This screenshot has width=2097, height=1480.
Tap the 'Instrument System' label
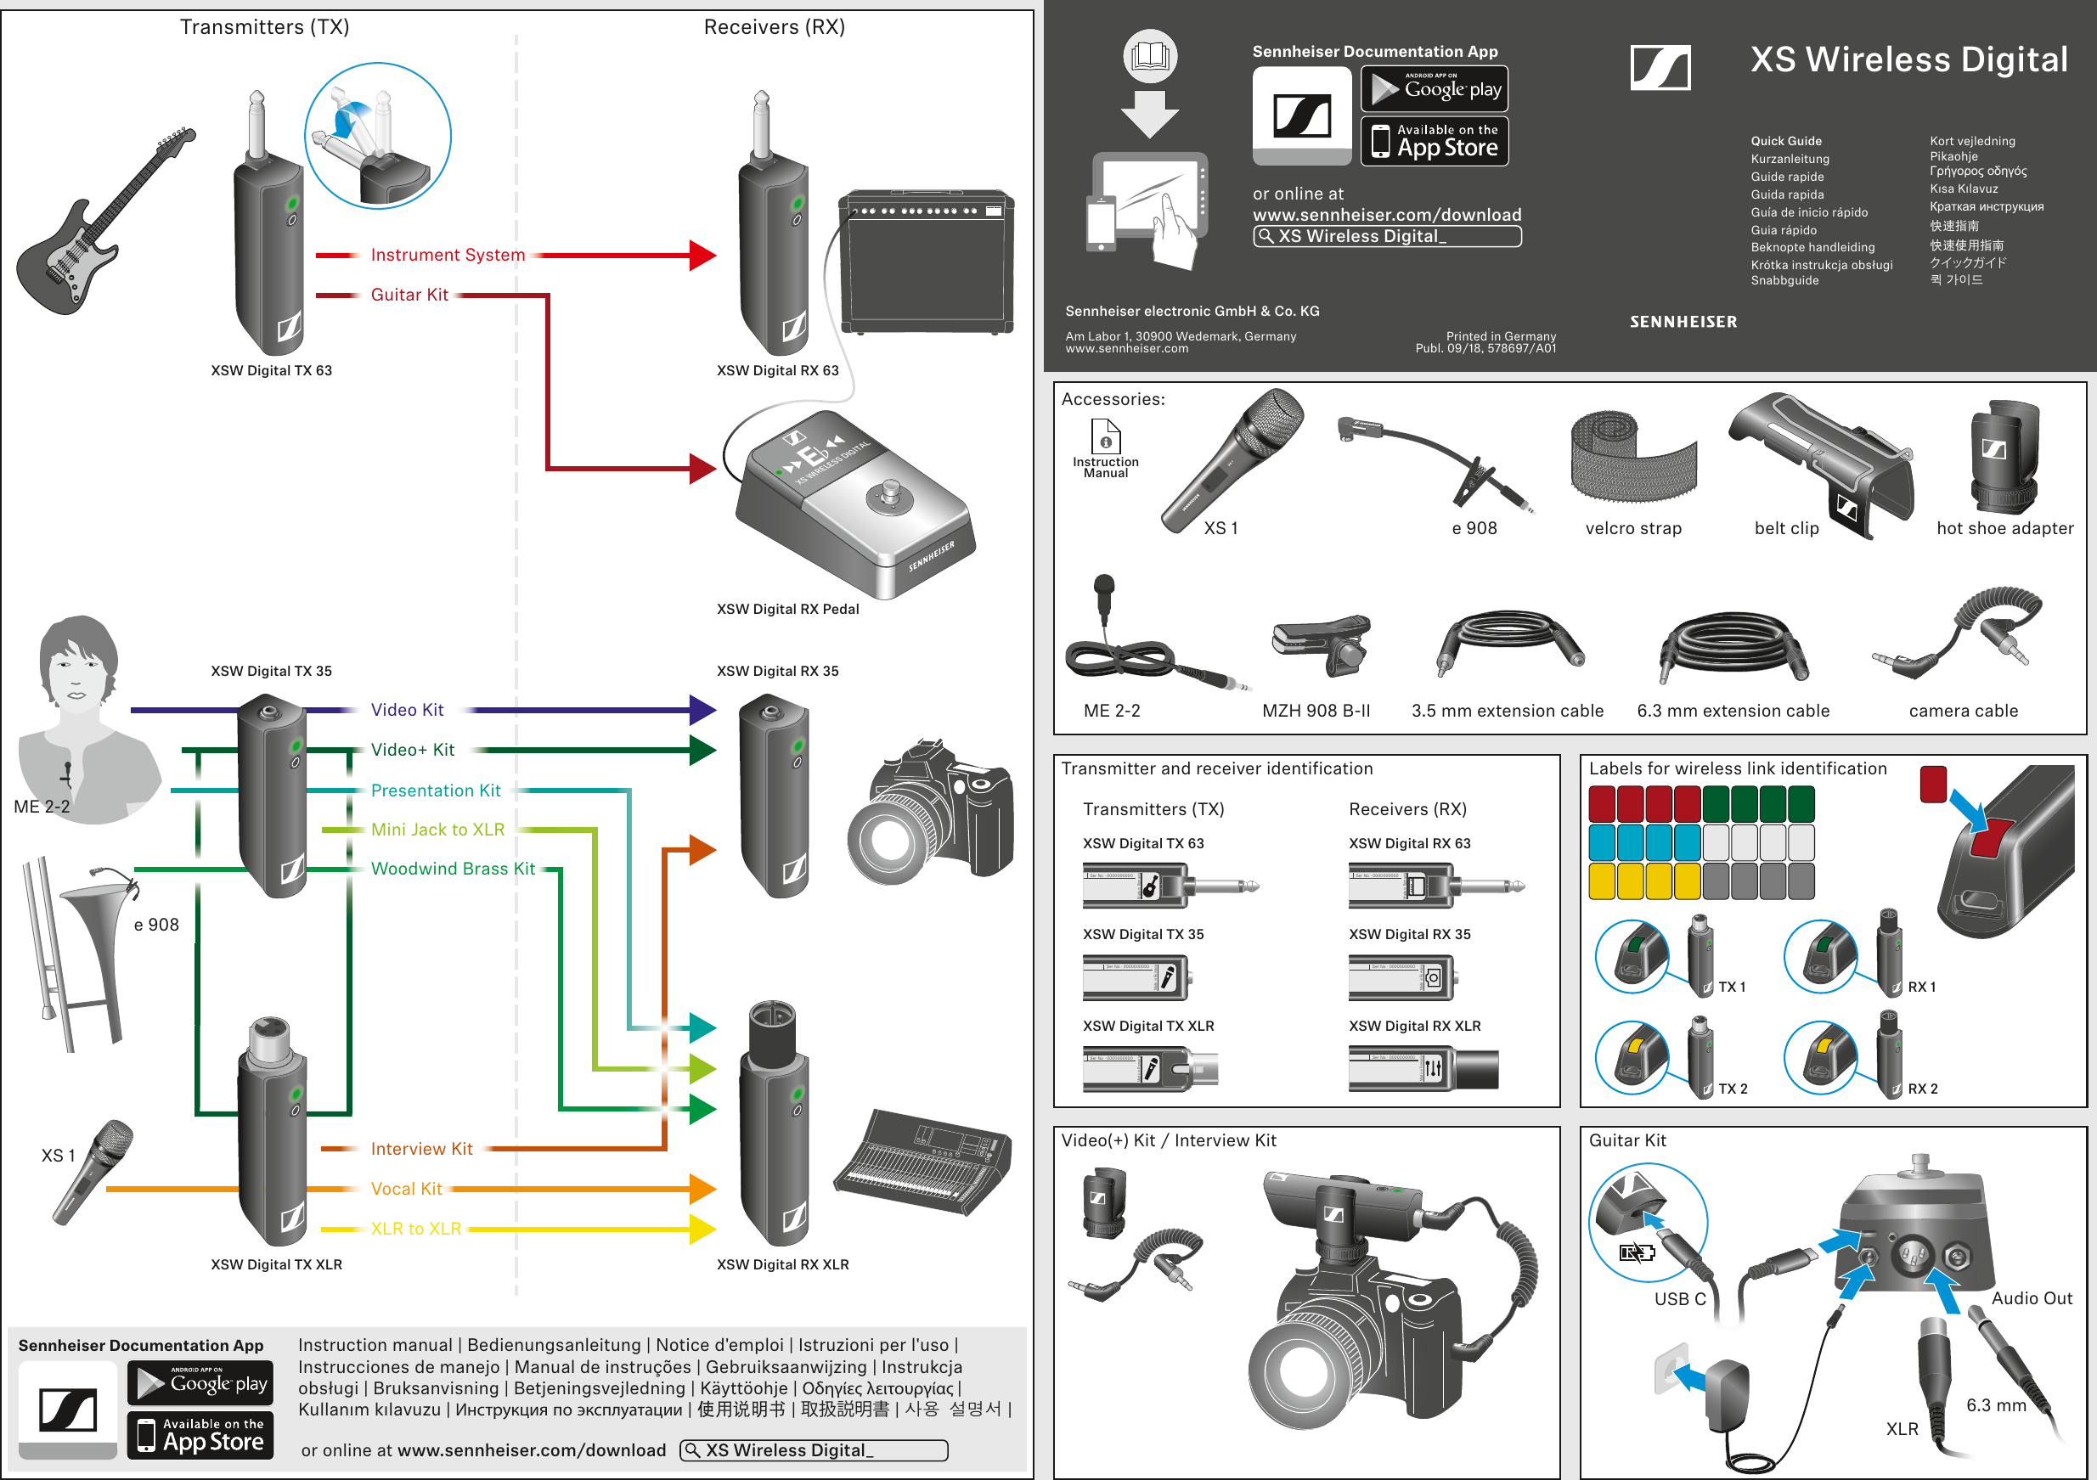coord(448,255)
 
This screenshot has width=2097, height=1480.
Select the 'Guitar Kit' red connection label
coord(409,295)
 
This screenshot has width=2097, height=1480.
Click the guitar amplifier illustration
coord(925,263)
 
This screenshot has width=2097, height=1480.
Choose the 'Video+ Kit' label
coord(412,750)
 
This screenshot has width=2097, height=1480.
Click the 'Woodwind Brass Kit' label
coord(452,869)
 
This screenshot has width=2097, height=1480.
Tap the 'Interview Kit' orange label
coord(421,1149)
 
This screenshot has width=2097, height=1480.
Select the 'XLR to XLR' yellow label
coord(415,1229)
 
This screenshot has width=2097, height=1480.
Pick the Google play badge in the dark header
coord(1434,88)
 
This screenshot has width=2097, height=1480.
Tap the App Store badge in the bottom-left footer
coord(200,1435)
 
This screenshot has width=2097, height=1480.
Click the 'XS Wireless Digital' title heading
coord(1908,59)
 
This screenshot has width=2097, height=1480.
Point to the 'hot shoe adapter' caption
coord(2004,529)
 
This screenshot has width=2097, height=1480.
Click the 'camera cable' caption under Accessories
coord(1963,712)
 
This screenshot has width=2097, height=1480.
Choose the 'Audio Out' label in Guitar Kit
coord(2032,1298)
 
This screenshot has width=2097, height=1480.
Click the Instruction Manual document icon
coord(1105,436)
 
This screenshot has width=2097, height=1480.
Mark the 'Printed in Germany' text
coord(1501,336)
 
